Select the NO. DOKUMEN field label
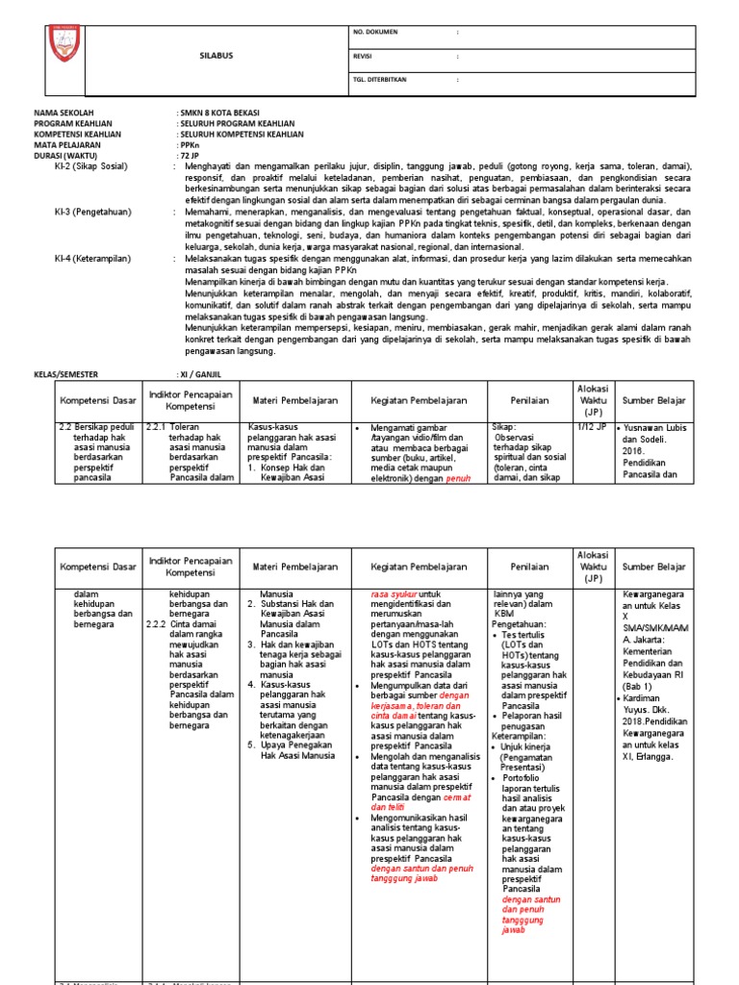click(x=379, y=34)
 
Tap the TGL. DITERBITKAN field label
click(x=386, y=80)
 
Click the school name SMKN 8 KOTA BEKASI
click(x=219, y=114)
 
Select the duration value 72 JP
click(x=189, y=156)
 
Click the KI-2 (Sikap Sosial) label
click(x=91, y=166)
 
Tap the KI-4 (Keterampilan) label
click(x=92, y=259)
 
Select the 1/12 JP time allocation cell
click(x=590, y=426)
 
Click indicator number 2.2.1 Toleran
click(x=173, y=426)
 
